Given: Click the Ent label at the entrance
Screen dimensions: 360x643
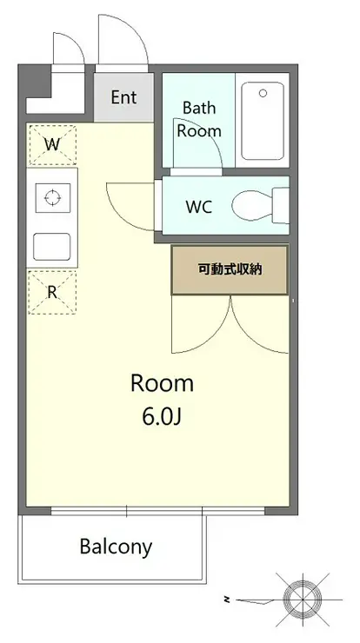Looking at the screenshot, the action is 123,97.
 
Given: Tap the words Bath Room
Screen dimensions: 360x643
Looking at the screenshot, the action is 199,119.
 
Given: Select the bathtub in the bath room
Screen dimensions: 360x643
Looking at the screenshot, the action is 263,121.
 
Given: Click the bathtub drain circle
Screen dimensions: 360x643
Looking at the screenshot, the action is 263,94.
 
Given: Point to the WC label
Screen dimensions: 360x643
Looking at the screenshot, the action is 199,207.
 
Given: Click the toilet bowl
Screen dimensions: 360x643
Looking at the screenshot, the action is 252,206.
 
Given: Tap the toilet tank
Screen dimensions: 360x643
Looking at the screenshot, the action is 281,205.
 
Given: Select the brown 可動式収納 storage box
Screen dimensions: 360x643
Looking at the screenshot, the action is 230,270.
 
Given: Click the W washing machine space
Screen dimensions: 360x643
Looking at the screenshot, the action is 52,145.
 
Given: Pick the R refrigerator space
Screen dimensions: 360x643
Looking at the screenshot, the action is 52,292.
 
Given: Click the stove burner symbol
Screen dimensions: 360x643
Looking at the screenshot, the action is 52,197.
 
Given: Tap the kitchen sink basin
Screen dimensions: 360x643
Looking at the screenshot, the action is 51,247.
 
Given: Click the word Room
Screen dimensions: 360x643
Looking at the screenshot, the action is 162,384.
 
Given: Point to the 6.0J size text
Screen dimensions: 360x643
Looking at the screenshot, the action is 162,416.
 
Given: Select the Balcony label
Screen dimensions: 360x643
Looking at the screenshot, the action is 116,547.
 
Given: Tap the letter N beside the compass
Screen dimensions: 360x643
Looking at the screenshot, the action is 226,600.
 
